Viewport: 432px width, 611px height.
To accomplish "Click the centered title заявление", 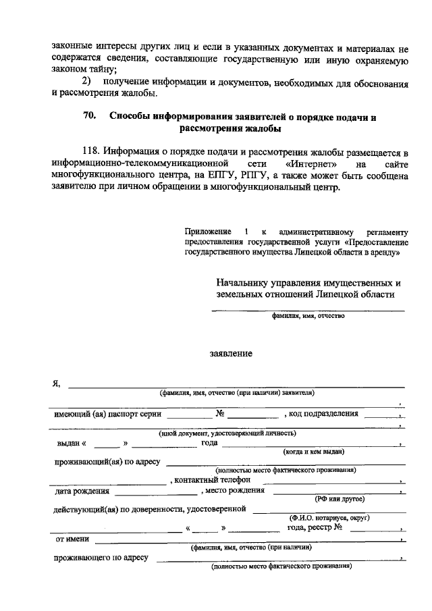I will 231,353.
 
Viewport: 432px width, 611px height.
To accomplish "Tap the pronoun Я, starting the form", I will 57,383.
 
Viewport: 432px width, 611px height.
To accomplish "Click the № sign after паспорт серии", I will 220,413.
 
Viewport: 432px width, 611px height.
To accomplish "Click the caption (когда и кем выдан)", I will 314,451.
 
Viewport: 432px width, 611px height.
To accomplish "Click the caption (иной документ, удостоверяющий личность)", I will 226,433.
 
